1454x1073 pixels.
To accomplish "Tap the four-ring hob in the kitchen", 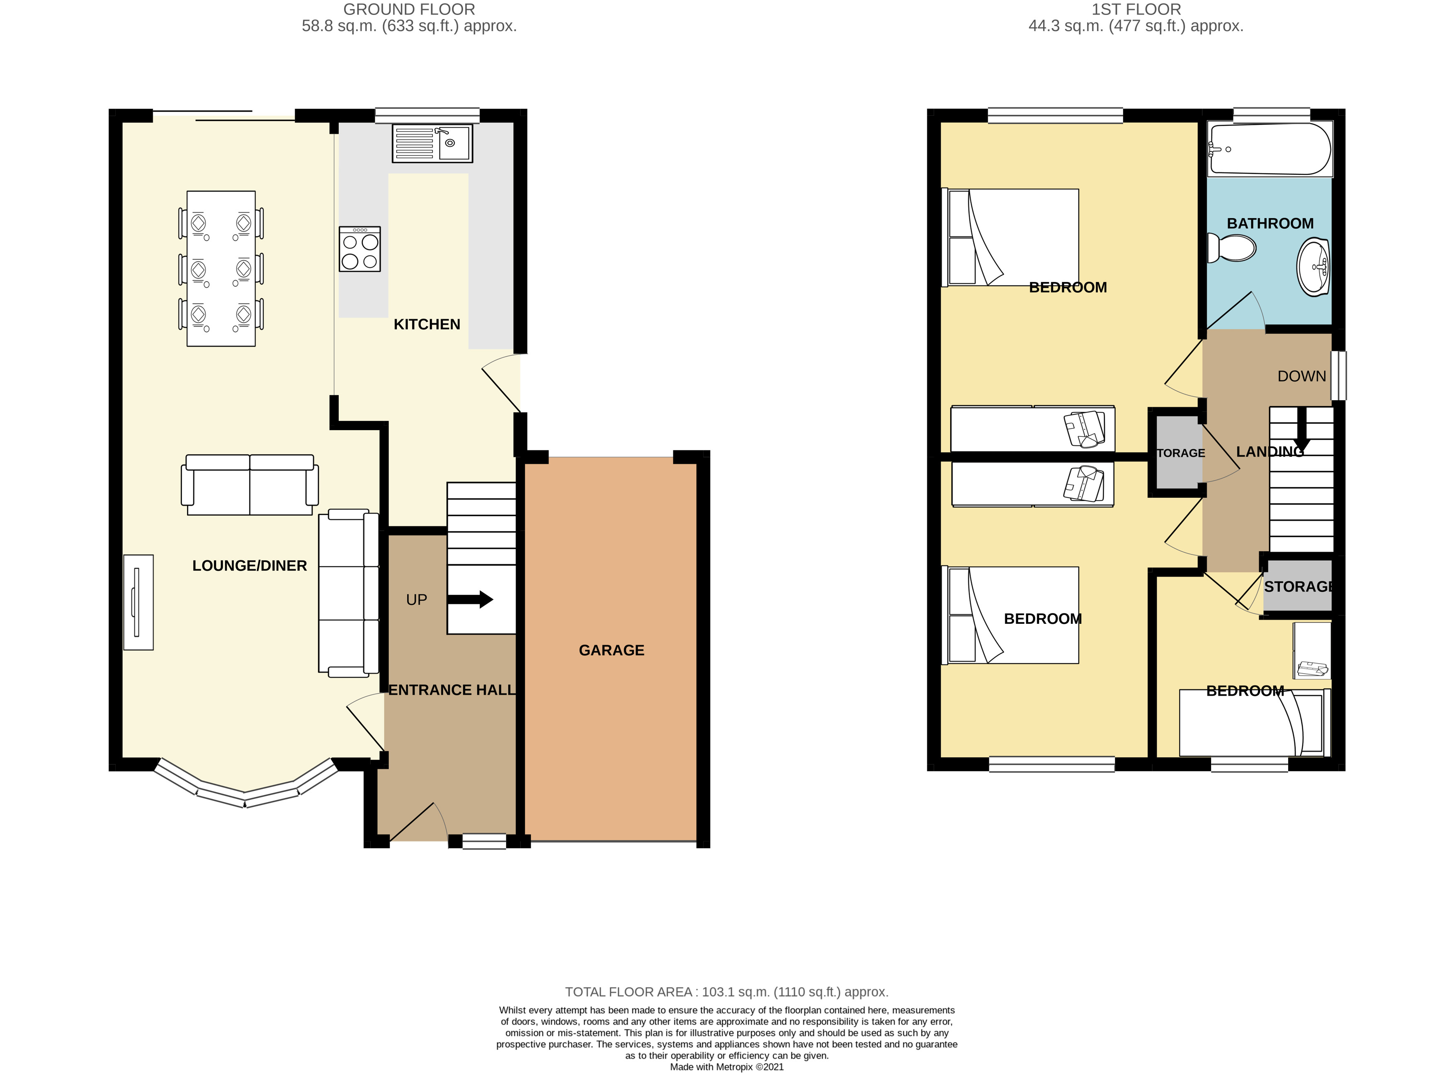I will (359, 249).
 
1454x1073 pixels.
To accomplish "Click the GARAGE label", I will (612, 650).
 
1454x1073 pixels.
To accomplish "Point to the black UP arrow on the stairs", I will (471, 599).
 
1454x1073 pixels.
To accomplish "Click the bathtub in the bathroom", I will (1270, 149).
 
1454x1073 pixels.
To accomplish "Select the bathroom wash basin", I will (1313, 267).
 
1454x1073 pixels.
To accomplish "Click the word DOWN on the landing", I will (1301, 376).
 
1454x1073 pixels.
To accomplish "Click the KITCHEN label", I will (427, 324).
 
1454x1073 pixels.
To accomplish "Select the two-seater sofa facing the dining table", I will (250, 484).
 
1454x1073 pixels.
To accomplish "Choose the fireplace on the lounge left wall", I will (138, 602).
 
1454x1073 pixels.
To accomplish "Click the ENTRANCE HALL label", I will (452, 690).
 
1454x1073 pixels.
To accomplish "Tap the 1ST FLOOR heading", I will (1136, 10).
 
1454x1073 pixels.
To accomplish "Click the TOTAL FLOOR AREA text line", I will (726, 992).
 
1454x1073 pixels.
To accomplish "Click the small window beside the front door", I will (483, 841).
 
